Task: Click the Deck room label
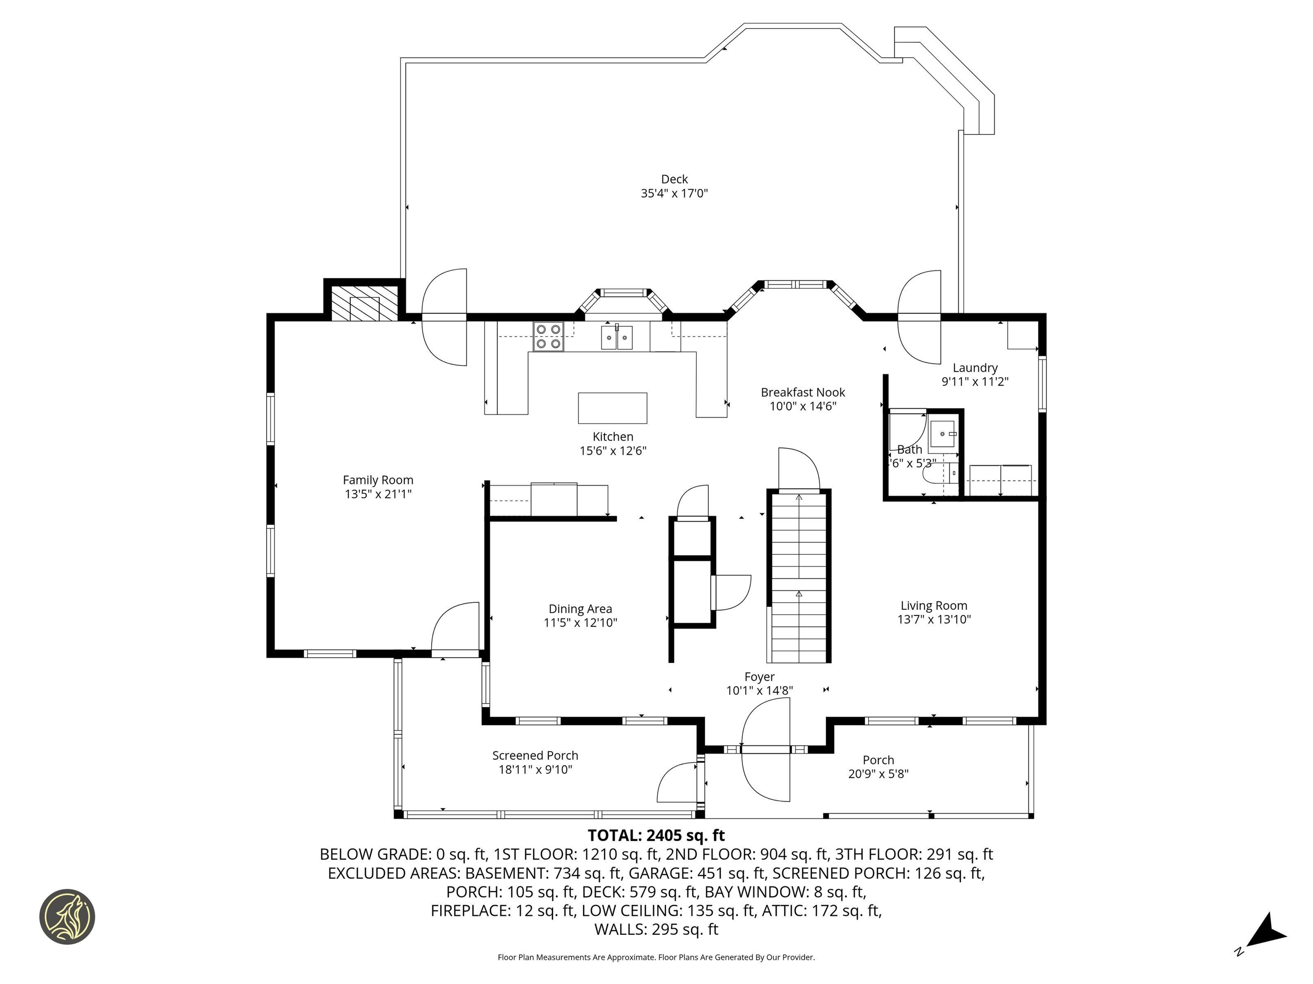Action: click(674, 179)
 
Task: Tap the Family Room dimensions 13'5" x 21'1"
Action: click(378, 494)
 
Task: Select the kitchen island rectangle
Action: click(612, 408)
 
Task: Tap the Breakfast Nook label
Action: click(803, 392)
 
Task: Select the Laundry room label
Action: click(974, 368)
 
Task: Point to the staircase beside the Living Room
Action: click(799, 578)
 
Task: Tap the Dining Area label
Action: click(580, 609)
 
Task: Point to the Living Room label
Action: click(934, 606)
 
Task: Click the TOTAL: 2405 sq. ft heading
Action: click(656, 836)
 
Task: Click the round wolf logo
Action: click(67, 917)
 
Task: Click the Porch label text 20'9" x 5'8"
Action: click(878, 774)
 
